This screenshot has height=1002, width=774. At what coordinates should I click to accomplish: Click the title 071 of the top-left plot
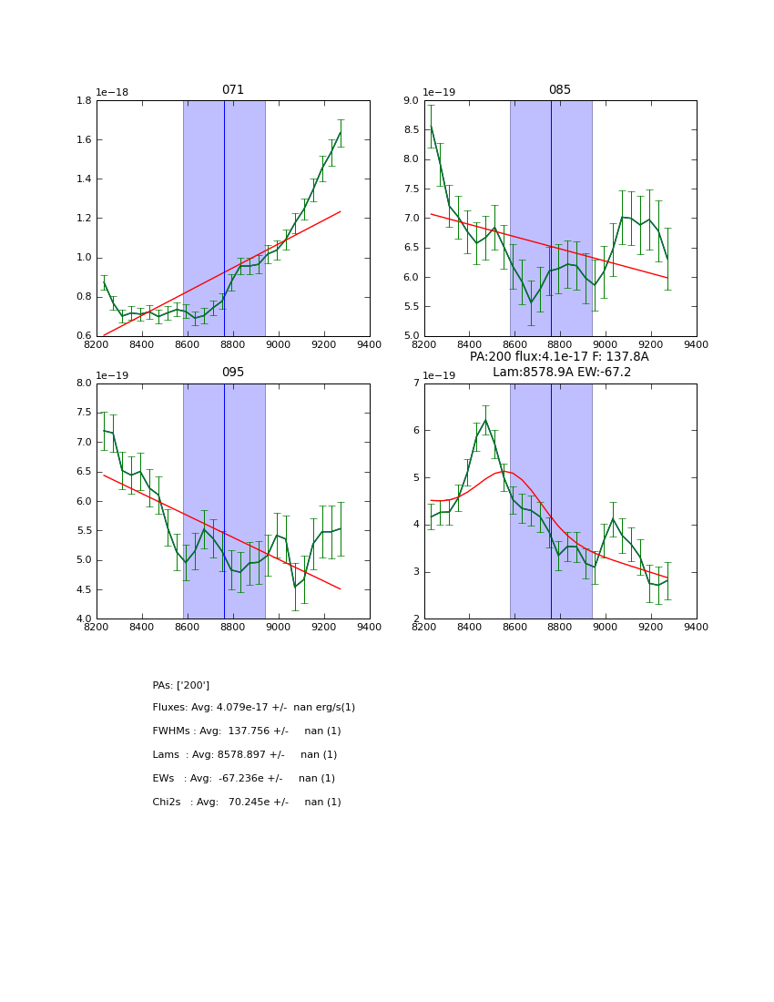click(233, 90)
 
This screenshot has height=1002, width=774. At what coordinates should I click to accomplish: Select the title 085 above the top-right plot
click(560, 90)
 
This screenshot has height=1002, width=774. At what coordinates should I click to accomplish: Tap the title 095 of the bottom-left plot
click(233, 373)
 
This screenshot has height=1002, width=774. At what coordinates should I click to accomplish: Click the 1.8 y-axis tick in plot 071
click(83, 100)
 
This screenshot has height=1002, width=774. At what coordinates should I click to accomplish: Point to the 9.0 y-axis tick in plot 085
click(410, 100)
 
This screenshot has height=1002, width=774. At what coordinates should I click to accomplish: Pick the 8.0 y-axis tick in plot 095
click(83, 383)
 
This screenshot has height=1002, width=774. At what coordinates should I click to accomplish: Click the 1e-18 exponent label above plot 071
click(112, 93)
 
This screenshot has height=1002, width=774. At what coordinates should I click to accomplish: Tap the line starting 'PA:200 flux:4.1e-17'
click(559, 357)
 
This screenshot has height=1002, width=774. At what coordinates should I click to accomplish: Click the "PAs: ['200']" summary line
click(181, 685)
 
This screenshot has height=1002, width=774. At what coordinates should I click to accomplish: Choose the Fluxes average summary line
click(254, 708)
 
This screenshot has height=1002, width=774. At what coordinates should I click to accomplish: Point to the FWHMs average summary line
click(247, 731)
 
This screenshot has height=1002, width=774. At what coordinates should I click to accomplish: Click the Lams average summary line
click(245, 755)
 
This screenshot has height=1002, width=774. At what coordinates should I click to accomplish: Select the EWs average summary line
click(244, 779)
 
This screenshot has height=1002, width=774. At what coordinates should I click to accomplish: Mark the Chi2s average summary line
click(247, 803)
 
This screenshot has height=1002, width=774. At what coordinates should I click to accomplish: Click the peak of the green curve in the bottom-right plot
click(485, 420)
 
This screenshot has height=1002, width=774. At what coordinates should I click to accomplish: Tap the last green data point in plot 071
click(341, 133)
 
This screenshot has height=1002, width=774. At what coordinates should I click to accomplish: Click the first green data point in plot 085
click(431, 127)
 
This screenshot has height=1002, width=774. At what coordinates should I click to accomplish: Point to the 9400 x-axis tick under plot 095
click(370, 627)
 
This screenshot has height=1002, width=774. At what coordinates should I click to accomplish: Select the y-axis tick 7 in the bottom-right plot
click(415, 383)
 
